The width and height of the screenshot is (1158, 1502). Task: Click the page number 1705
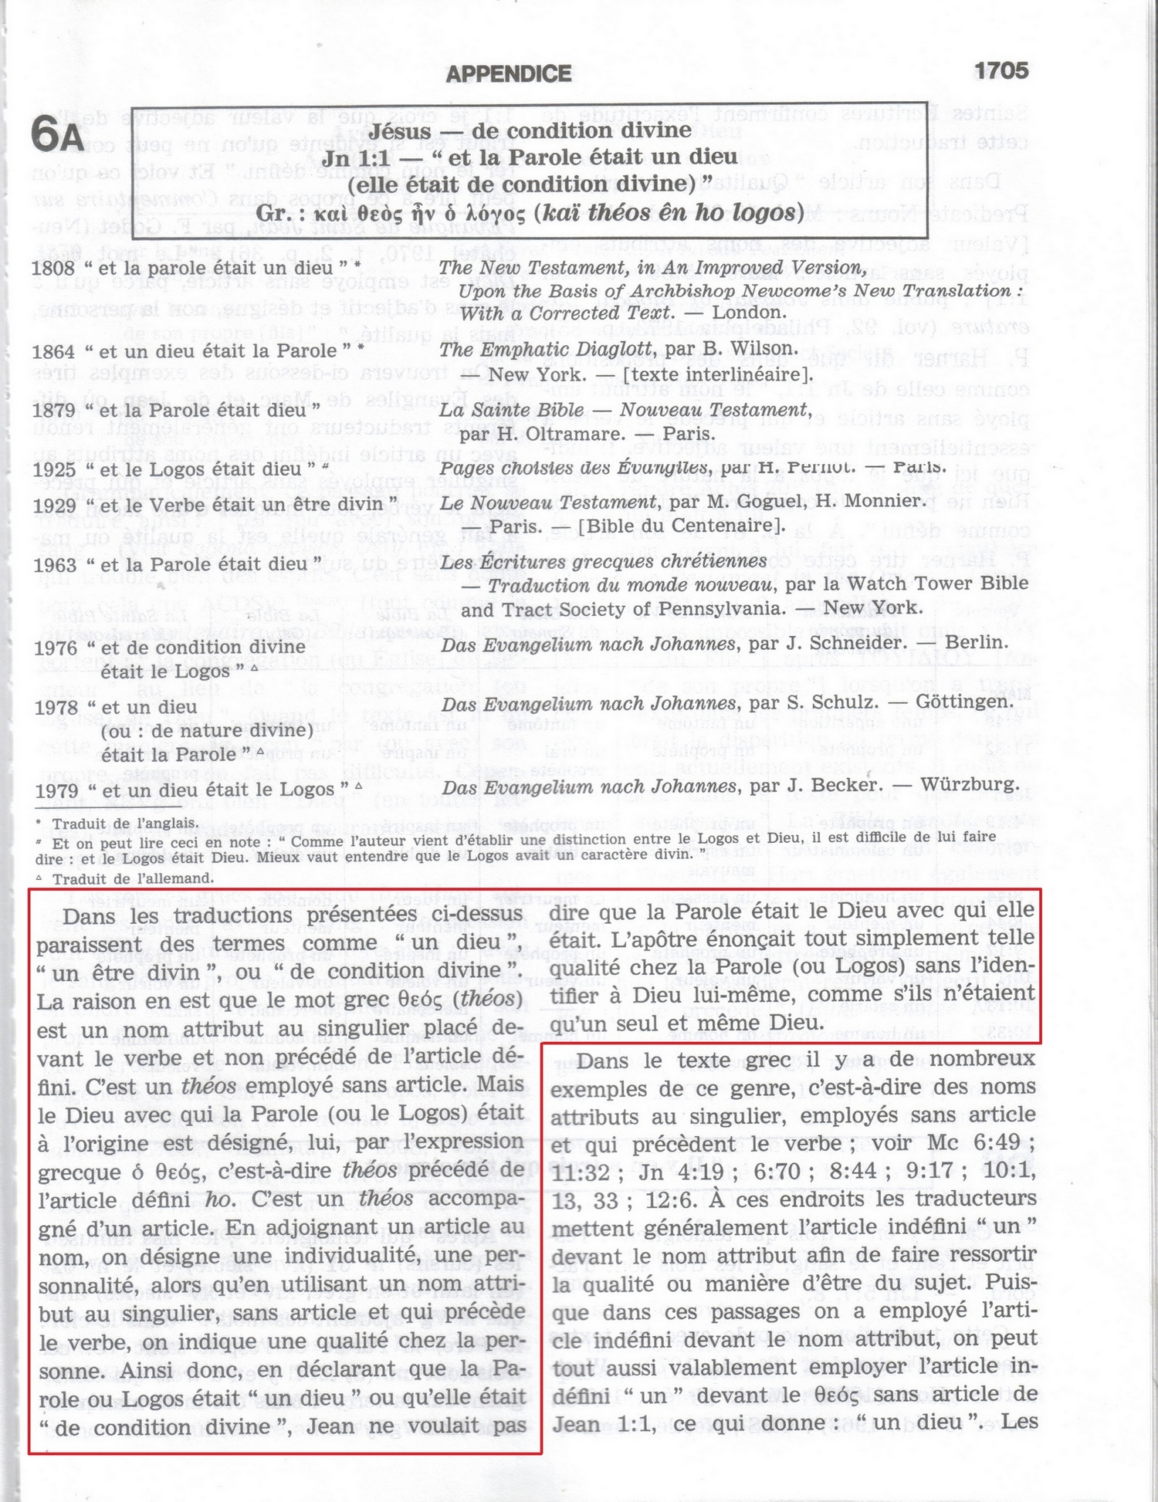1001,71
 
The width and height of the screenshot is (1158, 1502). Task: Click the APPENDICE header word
509,74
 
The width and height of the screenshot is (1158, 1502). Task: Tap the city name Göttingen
965,702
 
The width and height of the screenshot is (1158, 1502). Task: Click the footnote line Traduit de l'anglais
124,824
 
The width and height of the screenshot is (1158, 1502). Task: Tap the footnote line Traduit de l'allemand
132,878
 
